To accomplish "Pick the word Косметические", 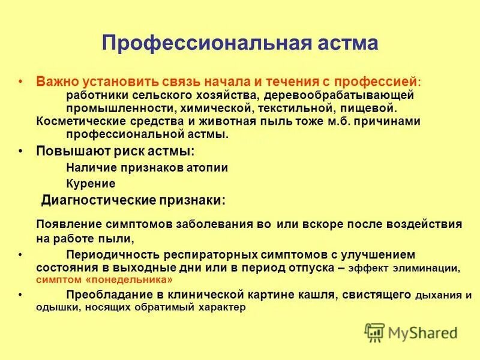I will click(76, 121).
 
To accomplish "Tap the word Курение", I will click(91, 184).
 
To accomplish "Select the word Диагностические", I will click(99, 200).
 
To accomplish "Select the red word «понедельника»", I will click(138, 280).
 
